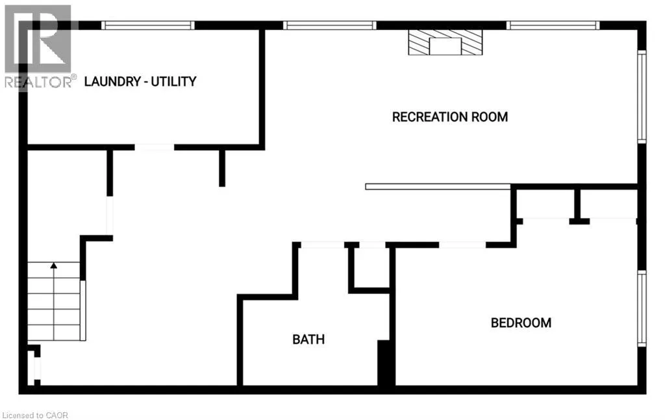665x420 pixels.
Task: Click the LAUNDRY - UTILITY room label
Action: (x=140, y=81)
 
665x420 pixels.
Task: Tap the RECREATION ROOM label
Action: (x=450, y=117)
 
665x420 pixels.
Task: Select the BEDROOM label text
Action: (x=521, y=323)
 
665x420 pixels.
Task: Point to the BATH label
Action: (x=308, y=340)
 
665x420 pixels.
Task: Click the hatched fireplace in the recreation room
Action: (x=445, y=42)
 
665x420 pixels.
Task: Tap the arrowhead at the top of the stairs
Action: (x=53, y=266)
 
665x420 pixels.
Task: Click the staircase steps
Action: (x=54, y=301)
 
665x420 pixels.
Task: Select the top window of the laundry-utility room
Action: (x=148, y=25)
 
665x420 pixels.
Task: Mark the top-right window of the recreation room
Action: (x=553, y=25)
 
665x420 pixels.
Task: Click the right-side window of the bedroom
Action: (x=642, y=308)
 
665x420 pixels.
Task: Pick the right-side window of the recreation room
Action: (x=642, y=97)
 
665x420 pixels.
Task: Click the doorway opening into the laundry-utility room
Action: (x=155, y=147)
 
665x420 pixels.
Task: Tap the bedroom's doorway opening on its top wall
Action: (x=462, y=245)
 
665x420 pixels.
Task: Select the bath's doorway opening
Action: (x=322, y=245)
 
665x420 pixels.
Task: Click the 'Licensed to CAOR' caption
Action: (x=35, y=415)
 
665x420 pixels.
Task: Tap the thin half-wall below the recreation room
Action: (x=438, y=186)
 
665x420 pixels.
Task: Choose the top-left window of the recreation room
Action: (x=329, y=25)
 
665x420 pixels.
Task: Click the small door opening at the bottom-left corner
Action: (x=37, y=368)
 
